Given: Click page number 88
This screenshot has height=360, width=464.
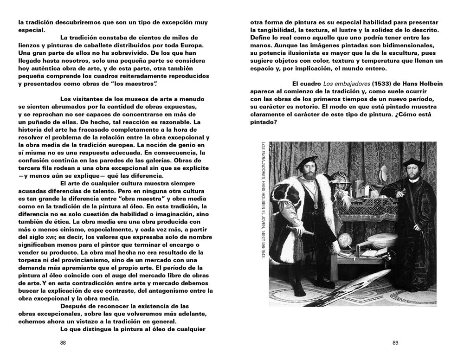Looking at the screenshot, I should pyautogui.click(x=64, y=343).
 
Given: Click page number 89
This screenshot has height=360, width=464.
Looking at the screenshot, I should pyautogui.click(x=395, y=343).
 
